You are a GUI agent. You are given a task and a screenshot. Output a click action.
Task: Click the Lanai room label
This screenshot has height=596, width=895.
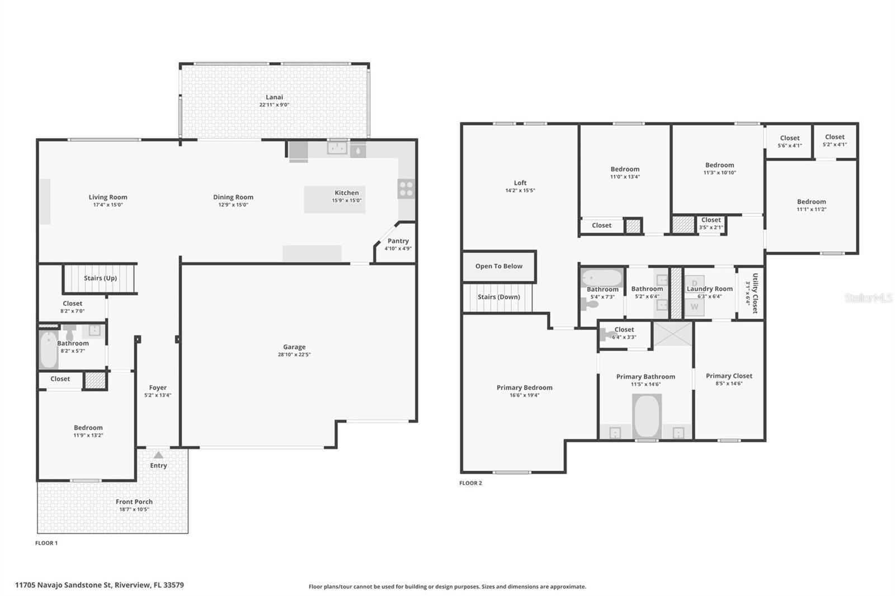274,97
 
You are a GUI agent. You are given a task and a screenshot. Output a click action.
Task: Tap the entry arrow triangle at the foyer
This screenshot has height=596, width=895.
159,455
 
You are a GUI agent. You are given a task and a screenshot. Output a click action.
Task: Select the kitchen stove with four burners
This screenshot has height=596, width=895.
406,189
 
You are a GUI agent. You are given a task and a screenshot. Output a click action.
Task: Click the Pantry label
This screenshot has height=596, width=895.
398,241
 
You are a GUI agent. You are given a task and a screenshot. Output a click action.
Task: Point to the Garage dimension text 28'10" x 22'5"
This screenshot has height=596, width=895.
294,354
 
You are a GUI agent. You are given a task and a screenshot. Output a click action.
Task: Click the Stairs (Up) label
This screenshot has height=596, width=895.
100,278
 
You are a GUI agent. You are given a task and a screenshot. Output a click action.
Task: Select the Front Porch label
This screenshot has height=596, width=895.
134,502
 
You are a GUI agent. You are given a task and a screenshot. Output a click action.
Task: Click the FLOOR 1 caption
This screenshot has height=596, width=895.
46,543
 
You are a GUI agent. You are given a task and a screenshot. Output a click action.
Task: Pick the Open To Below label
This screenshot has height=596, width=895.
498,266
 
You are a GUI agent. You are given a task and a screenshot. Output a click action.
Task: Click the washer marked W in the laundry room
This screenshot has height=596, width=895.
694,307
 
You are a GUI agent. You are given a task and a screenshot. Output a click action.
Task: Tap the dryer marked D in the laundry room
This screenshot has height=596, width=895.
694,282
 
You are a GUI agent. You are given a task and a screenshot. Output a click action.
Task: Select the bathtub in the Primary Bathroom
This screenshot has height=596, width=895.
647,416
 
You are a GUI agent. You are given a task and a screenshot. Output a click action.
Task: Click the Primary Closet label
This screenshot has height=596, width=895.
729,376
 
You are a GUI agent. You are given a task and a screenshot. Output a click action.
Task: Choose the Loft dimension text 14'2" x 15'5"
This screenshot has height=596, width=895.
520,191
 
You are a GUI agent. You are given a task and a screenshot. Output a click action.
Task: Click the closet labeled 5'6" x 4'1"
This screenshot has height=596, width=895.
789,141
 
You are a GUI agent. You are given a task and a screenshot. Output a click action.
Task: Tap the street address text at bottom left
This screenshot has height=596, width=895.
100,585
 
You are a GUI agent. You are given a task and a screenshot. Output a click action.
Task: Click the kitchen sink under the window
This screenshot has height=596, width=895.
337,148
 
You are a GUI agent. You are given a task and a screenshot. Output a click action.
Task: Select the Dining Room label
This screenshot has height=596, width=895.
233,197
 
